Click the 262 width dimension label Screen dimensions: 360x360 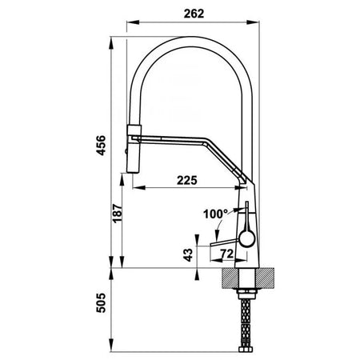coord(194,14)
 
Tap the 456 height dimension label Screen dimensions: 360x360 coord(101,146)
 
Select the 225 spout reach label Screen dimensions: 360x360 coord(187,180)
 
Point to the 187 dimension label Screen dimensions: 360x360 coord(117,214)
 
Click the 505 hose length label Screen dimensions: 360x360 coord(101,303)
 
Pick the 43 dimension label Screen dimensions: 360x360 coord(188,255)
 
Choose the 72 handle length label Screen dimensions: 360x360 coord(227,254)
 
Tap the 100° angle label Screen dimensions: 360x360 coord(215,214)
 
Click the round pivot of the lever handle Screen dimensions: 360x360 coord(247,238)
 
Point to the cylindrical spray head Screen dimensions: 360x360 coord(133,149)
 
